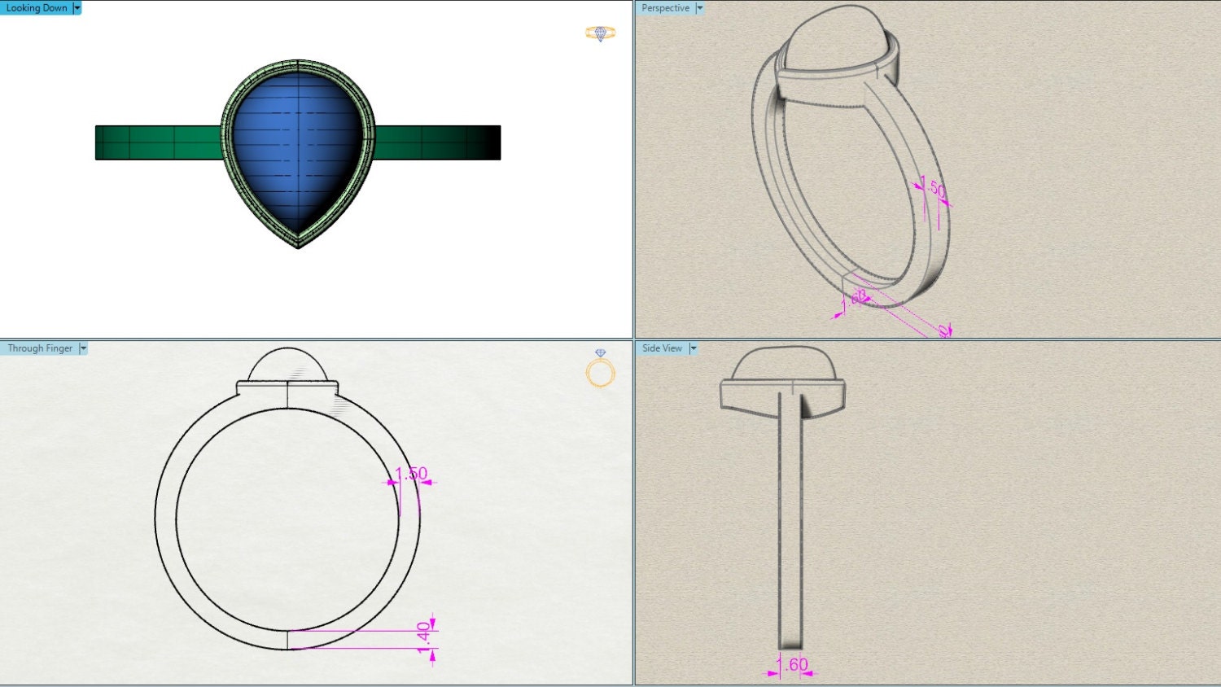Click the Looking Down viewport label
(x=37, y=8)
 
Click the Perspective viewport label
(x=665, y=8)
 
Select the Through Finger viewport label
(x=40, y=348)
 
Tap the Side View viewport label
(x=662, y=348)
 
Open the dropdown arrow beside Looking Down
(x=77, y=8)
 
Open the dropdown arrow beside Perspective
(x=699, y=8)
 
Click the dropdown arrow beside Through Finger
(x=83, y=348)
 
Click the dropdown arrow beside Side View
(x=694, y=348)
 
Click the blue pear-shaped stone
(x=297, y=147)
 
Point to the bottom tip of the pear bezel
(x=298, y=244)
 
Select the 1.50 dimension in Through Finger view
(x=411, y=474)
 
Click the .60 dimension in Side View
(x=794, y=665)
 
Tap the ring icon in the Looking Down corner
(x=600, y=33)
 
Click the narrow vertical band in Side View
(x=790, y=521)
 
